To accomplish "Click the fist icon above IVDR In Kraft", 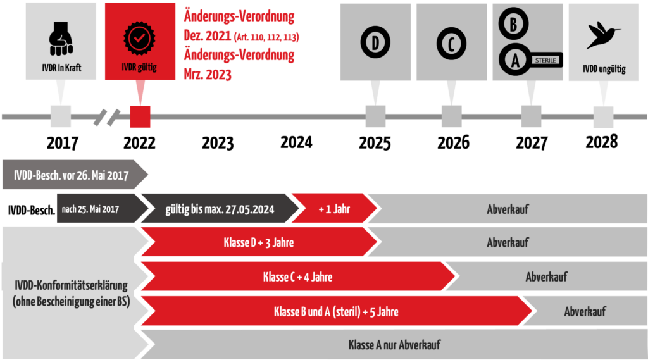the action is (x=61, y=39).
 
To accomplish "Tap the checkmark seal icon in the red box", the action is (x=139, y=39).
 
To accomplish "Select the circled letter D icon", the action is (x=375, y=42).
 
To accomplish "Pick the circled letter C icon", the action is (x=451, y=44).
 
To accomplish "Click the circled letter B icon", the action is (x=513, y=24).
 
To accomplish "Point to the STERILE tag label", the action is (x=545, y=60).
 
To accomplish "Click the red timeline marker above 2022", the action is (x=140, y=116).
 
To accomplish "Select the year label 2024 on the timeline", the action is (x=296, y=142).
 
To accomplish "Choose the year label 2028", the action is (x=602, y=142).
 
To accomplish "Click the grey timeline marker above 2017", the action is (x=61, y=116).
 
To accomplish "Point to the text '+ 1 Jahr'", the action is (x=334, y=209).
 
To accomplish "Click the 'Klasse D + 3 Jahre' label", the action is (x=259, y=242).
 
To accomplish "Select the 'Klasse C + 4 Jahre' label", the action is (x=297, y=277).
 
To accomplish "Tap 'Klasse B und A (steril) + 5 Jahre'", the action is (x=336, y=312).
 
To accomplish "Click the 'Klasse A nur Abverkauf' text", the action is (x=394, y=345).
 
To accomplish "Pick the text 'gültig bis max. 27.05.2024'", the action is (x=220, y=209).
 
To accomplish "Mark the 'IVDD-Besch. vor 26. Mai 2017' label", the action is (x=71, y=175).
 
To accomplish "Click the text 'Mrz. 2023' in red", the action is (x=208, y=75).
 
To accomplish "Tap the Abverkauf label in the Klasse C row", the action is (x=546, y=277).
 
